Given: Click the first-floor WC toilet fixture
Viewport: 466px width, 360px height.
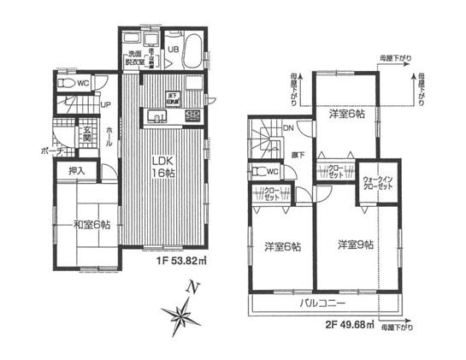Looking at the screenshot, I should point(66,84).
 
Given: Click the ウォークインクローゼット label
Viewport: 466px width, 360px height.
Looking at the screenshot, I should point(377,181).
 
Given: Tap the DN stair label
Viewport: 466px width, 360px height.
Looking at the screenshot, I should point(289,129).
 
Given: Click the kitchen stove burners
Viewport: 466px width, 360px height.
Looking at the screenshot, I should point(192,115).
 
